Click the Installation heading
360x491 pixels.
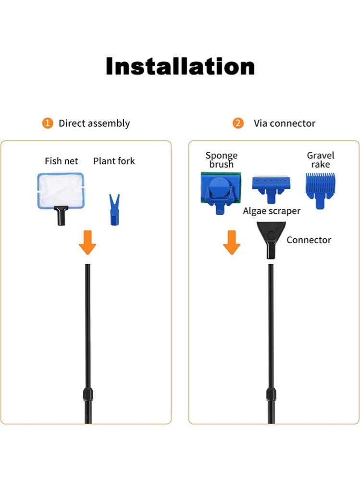(x=180, y=66)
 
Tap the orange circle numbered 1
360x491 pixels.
(x=47, y=123)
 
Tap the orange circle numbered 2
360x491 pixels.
(x=237, y=123)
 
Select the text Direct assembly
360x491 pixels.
(x=94, y=123)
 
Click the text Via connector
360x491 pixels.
(x=285, y=123)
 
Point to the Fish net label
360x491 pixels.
(x=61, y=161)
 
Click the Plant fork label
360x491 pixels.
(x=114, y=161)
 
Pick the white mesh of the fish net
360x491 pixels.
(x=61, y=190)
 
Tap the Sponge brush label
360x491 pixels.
(x=222, y=160)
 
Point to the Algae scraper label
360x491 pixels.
(x=272, y=211)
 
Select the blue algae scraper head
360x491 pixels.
(x=271, y=185)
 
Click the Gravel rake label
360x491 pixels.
(x=321, y=160)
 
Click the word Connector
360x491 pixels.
(x=309, y=240)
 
